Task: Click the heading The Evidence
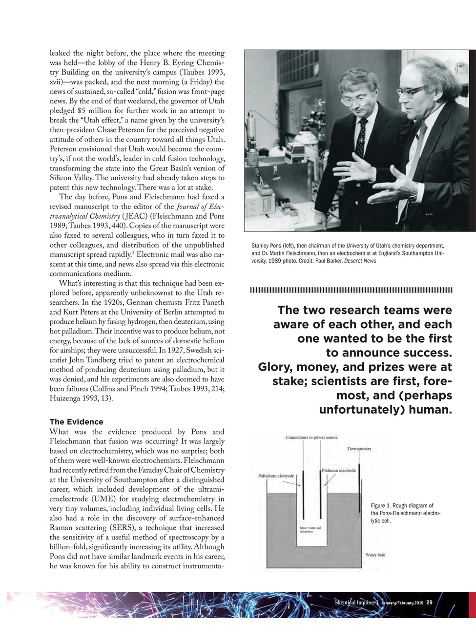pyautogui.click(x=76, y=421)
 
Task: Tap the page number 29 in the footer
pyautogui.click(x=429, y=602)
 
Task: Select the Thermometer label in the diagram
pyautogui.click(x=359, y=448)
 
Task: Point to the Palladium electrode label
pyautogui.click(x=276, y=475)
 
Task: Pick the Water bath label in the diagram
pyautogui.click(x=375, y=555)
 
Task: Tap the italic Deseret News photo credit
pyautogui.click(x=362, y=261)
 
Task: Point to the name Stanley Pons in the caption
pyautogui.click(x=267, y=245)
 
